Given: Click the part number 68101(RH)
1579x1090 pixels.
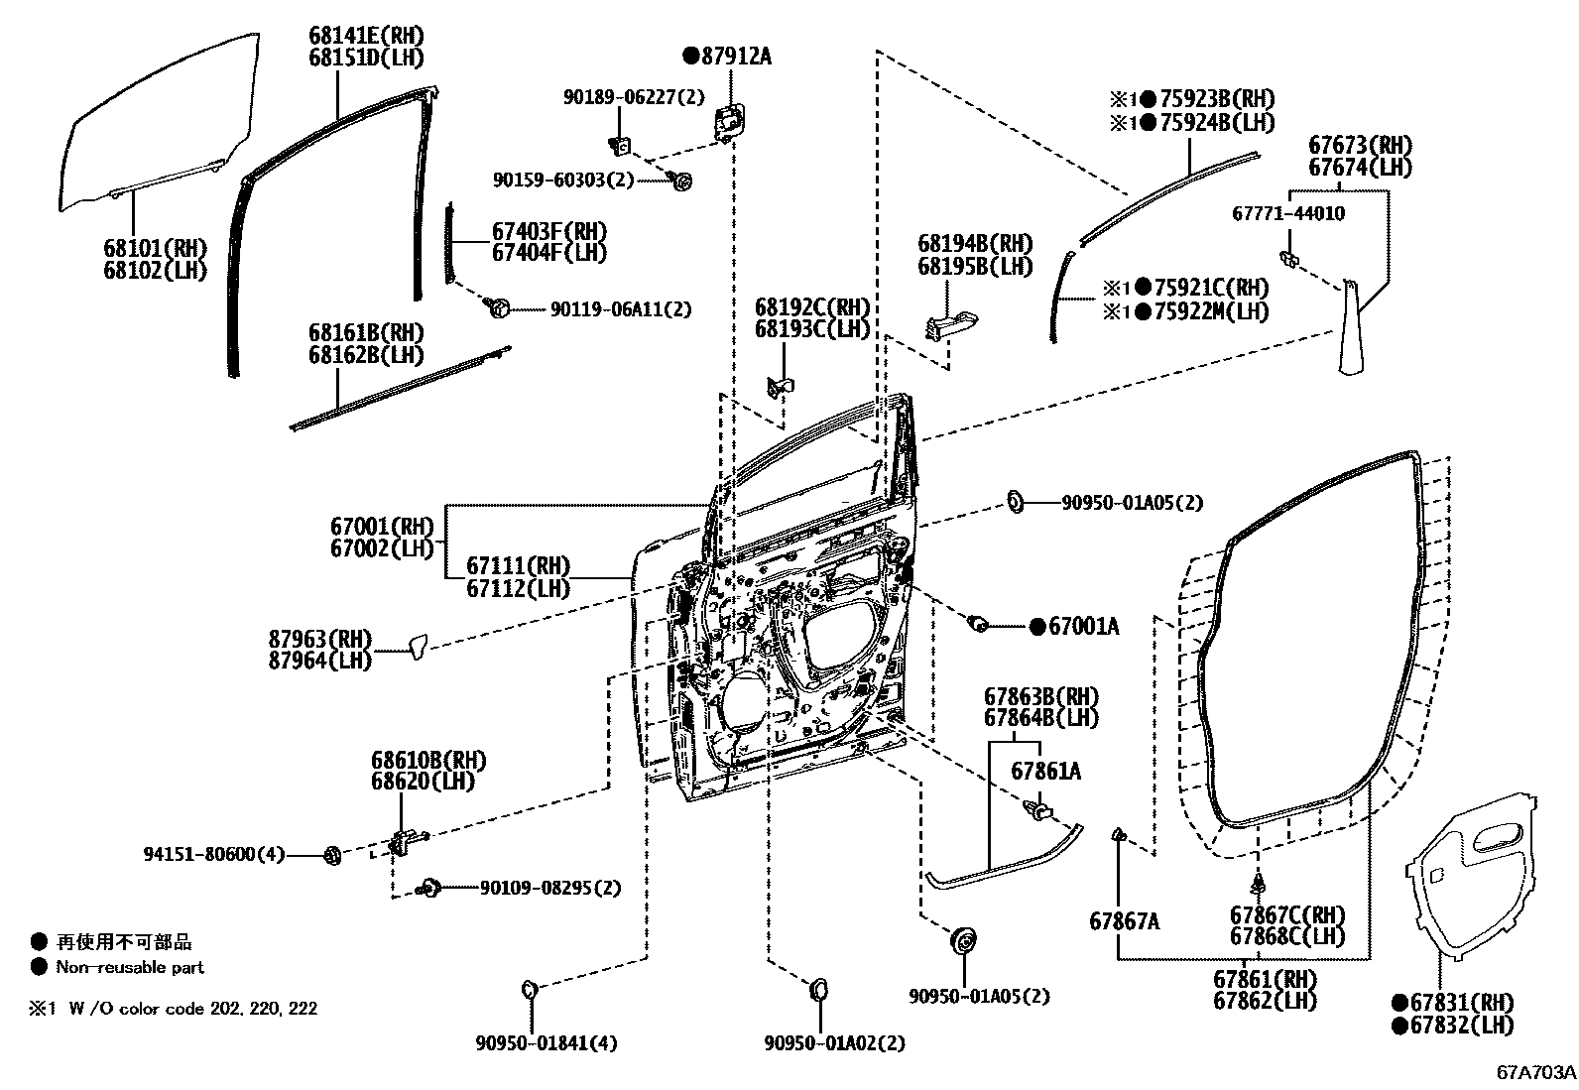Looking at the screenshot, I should point(154,248).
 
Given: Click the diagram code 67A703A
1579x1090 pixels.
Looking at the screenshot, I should point(1536,1073).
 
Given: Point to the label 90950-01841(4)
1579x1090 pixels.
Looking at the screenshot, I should point(546,1043).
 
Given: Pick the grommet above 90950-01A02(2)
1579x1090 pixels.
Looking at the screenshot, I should point(819,989).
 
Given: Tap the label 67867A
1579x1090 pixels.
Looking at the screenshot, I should point(1124,921).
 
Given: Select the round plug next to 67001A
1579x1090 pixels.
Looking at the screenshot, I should point(978,624).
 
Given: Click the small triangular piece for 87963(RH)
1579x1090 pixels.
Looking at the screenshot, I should point(419,647).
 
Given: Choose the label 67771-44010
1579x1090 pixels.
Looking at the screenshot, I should point(1288,213).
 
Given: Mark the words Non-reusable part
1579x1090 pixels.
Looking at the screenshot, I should point(130,967).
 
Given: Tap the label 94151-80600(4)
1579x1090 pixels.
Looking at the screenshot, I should point(213,853).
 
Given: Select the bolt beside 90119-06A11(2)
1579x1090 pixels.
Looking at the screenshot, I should point(499,308).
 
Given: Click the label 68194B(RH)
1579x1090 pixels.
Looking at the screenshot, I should point(974,244).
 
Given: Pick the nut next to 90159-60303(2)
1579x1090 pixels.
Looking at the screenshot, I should point(681,181).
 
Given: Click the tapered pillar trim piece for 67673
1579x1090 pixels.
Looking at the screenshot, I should point(1348,327).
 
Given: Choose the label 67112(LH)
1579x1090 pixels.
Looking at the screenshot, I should point(518,588).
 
